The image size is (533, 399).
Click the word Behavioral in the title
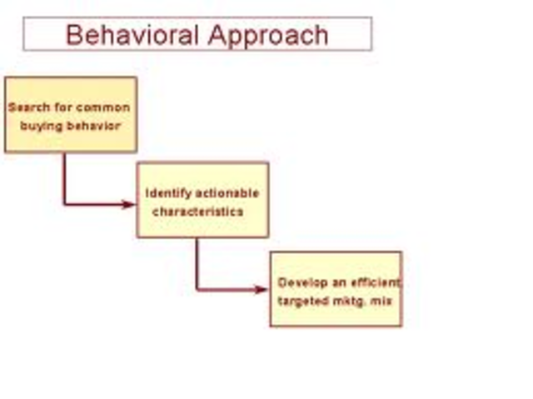[x=132, y=35]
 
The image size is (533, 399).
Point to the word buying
[x=42, y=127]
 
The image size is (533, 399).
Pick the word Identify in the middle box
[x=167, y=193]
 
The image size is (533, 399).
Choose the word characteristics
[x=197, y=212]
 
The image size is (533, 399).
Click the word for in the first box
[x=62, y=107]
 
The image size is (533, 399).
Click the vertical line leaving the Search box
[x=64, y=177]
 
